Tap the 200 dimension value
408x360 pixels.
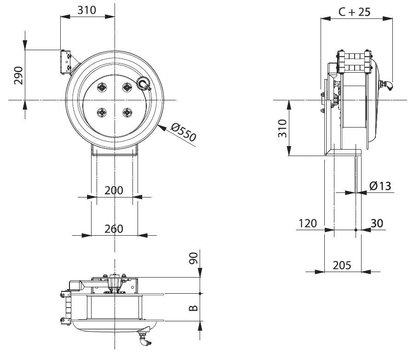point(114,190)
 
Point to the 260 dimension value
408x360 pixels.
point(114,228)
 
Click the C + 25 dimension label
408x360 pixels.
point(354,12)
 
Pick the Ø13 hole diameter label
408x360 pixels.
point(380,186)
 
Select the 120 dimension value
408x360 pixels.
point(307,223)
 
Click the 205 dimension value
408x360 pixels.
point(342,265)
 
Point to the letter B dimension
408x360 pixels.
point(194,307)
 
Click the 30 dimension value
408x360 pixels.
point(376,223)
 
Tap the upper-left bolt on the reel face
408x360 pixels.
point(102,87)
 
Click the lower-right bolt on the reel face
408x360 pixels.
point(126,111)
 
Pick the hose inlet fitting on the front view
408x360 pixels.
point(144,84)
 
